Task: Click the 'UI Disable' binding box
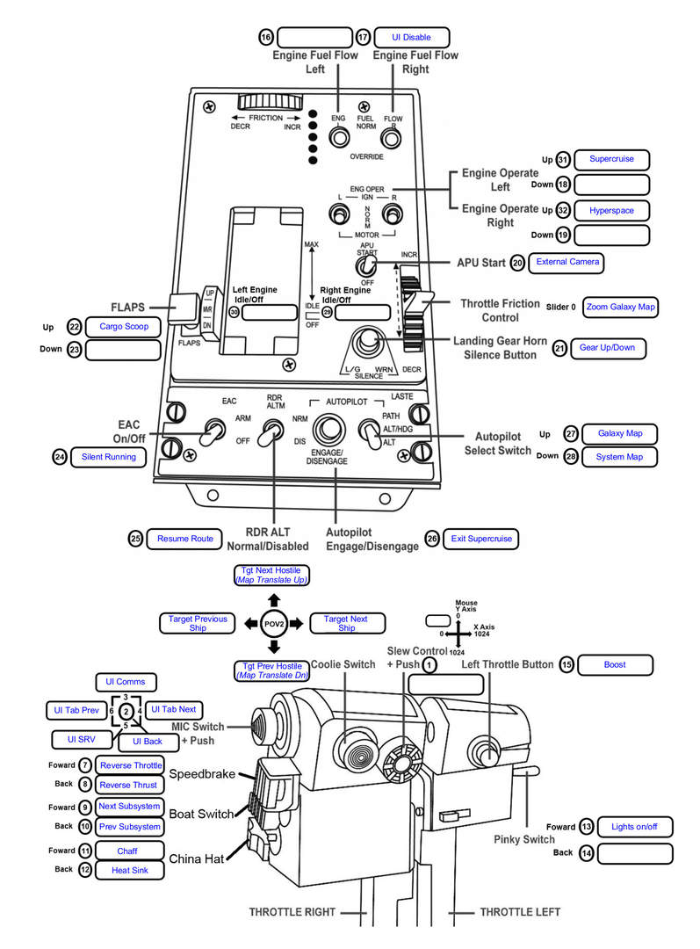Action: tap(411, 38)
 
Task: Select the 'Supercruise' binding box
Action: tap(611, 159)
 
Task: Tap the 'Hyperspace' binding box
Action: tap(611, 211)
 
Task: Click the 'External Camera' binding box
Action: tap(566, 262)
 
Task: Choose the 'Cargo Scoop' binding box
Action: tap(124, 327)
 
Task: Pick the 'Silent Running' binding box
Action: tap(108, 457)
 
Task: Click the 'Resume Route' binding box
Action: tap(184, 539)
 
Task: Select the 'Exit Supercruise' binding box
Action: tap(481, 539)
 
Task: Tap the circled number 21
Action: tap(559, 348)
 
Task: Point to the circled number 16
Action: tap(266, 38)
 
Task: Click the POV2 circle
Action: tap(274, 624)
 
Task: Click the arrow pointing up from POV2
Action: tap(274, 600)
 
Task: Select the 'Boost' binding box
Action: tap(616, 664)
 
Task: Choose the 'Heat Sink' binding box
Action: tap(129, 870)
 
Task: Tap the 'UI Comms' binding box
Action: tap(126, 682)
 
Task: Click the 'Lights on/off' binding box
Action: tap(635, 827)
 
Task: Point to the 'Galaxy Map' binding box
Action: tap(619, 433)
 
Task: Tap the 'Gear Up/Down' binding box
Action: tap(608, 348)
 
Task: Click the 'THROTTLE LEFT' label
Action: tap(520, 912)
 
